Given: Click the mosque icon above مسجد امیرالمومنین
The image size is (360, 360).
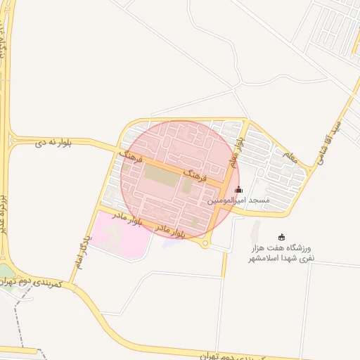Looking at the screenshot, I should pos(238,189).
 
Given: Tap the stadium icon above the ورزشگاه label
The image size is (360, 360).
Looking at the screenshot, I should pos(282,236).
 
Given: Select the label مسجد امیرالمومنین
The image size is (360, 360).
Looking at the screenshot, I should pos(238,200).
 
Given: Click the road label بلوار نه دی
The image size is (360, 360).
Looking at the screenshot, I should pos(56,143).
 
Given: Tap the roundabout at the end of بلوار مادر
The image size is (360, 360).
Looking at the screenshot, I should pos(205,244).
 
